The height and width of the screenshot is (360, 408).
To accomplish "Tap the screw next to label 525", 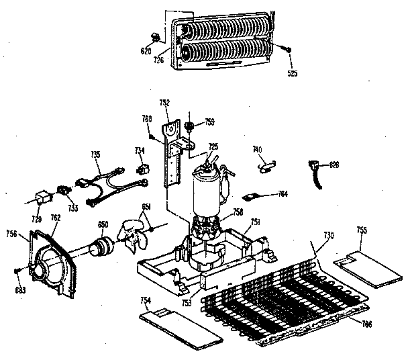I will [x=287, y=49].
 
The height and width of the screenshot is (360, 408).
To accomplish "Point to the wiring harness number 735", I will [x=96, y=154].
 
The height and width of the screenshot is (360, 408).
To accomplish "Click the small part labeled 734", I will [x=142, y=169].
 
